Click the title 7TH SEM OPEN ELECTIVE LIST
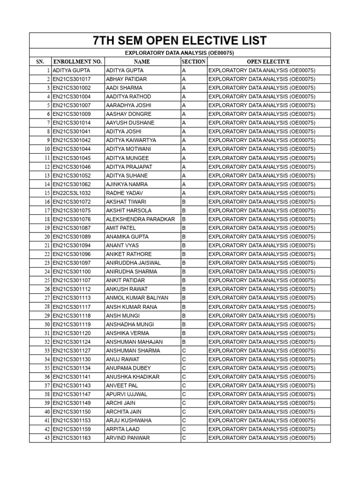coord(180,40)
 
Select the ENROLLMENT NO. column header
coord(77,61)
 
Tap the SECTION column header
coord(193,61)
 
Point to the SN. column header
coord(39,61)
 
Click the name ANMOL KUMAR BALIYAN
coord(137,298)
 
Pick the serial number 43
coord(47,438)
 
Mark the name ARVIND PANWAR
coord(128,438)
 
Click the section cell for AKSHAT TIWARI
coord(184,202)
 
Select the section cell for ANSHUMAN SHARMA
coord(184,351)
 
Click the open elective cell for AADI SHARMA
coord(262,88)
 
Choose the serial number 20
coord(47,237)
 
